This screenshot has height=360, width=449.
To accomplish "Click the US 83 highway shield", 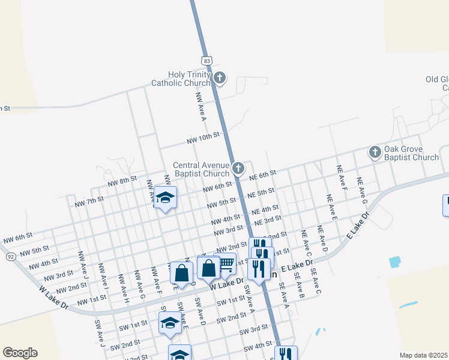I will [x=206, y=61].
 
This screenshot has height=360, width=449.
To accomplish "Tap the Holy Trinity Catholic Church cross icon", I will [x=220, y=77].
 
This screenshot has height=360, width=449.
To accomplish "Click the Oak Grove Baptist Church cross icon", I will [x=375, y=152].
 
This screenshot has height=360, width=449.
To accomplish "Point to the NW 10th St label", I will [x=203, y=140].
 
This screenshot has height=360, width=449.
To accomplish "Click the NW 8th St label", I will [x=121, y=181].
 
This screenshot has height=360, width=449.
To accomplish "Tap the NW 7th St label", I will [x=89, y=201].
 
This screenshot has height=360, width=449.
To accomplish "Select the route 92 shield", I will [x=11, y=256].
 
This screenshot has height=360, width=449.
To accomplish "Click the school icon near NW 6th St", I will [x=165, y=197].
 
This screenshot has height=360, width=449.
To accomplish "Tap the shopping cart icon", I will [x=225, y=263].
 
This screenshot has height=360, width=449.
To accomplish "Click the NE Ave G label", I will [x=361, y=188].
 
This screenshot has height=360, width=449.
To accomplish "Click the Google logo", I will [x=20, y=353].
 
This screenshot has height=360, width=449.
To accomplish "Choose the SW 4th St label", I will [x=258, y=347].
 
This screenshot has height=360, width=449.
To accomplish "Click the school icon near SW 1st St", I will [x=170, y=323].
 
